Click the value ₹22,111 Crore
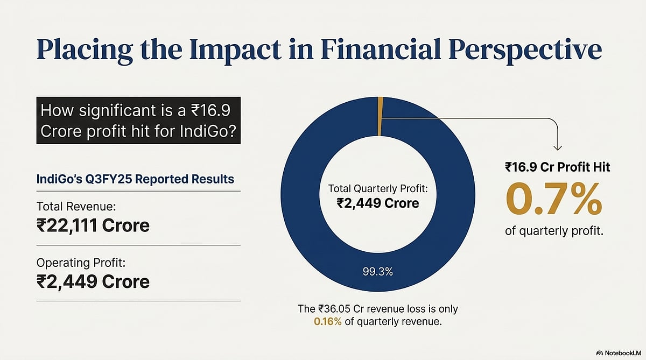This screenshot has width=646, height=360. point(93,225)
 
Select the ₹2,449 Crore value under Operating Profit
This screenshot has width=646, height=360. point(93,281)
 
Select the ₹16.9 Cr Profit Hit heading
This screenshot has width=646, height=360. point(557,168)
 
